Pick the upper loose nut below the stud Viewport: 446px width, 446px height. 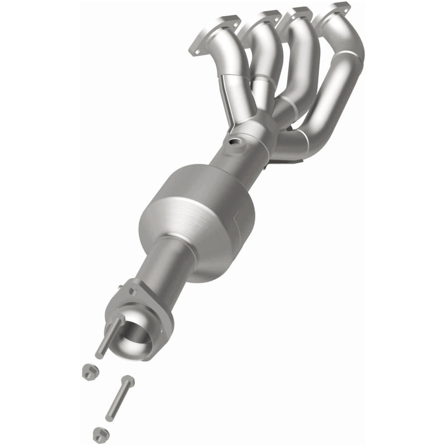coord(88,373)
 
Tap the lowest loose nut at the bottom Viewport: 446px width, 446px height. coord(99,432)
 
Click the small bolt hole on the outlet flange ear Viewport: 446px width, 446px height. coord(132,290)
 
